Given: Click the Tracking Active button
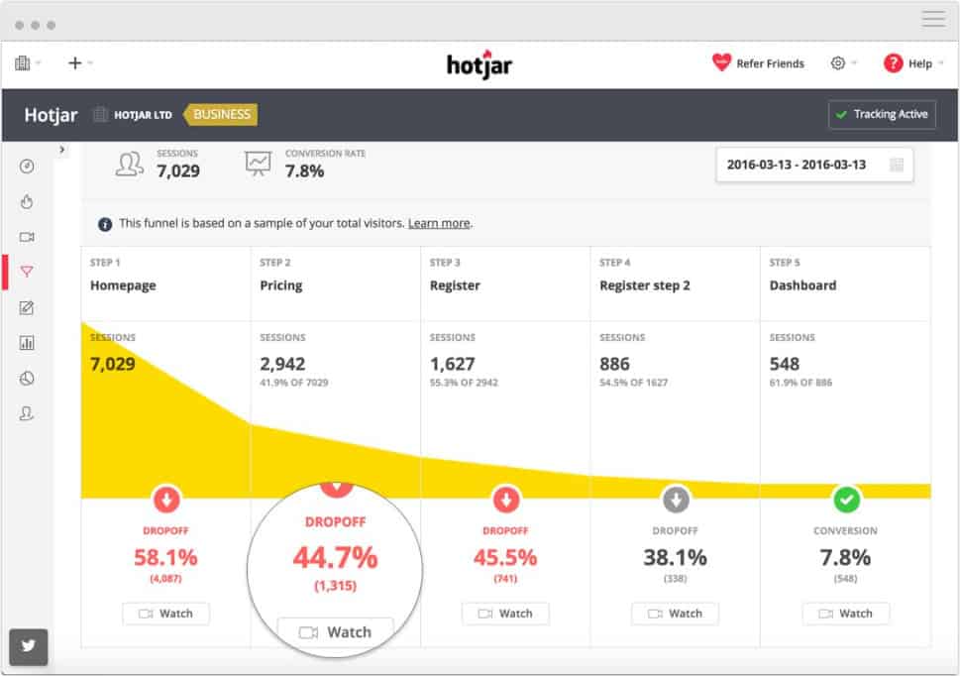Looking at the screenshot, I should [x=881, y=114].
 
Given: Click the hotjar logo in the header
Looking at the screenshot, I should [x=479, y=64].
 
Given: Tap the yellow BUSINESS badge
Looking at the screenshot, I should [x=221, y=114].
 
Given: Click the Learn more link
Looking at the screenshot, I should [x=439, y=224].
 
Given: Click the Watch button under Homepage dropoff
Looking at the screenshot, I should [x=165, y=614].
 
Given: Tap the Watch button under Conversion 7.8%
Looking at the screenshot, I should [x=845, y=614].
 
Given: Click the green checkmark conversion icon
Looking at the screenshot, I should [x=846, y=498].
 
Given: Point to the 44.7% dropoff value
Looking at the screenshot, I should [x=335, y=558].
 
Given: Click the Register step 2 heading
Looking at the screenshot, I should [x=645, y=285].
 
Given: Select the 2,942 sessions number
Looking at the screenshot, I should [x=282, y=364].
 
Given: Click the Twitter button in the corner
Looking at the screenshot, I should [x=28, y=646].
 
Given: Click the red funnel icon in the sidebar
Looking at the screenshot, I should [x=27, y=272].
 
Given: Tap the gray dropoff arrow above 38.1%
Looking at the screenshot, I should [x=676, y=498].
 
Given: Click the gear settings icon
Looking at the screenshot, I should [x=838, y=63].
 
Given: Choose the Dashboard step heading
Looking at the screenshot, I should [x=802, y=285].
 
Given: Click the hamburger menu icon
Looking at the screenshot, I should [x=933, y=19].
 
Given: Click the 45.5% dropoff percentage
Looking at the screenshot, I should [x=504, y=557].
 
